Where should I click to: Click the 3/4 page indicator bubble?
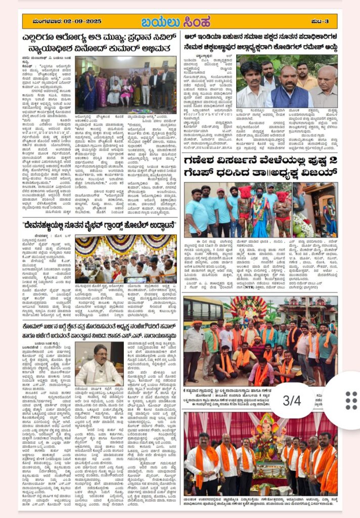pos(292,400)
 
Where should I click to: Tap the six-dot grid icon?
pos(351,400)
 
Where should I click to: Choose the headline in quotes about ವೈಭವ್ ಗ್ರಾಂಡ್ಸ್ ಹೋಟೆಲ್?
pos(100,224)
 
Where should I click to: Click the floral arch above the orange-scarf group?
pos(248,309)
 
